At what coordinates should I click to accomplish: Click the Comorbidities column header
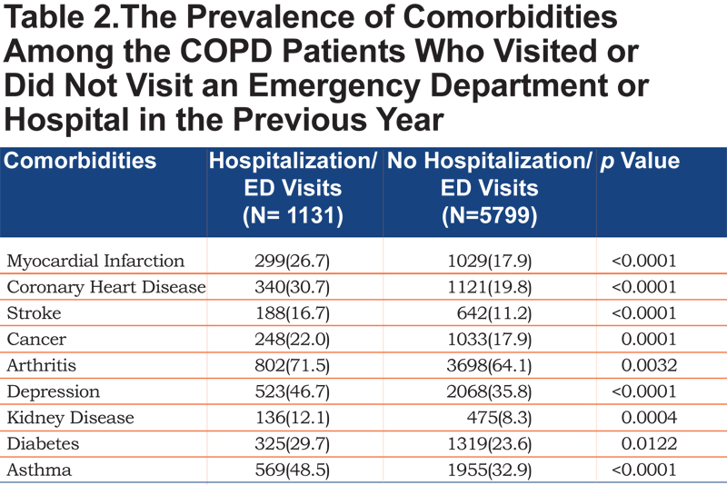[80, 161]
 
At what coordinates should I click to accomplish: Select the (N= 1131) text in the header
[293, 216]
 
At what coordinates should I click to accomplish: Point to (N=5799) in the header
[490, 216]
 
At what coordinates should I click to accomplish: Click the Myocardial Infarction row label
[95, 261]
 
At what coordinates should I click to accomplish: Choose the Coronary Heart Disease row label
[106, 287]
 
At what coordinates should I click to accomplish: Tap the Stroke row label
[34, 313]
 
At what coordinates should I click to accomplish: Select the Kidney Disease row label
[71, 418]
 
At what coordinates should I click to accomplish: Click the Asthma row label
[39, 470]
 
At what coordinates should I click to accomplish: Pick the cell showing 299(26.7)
[292, 262]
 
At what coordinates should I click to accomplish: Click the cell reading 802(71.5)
[292, 366]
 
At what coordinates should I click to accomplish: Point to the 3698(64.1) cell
[489, 366]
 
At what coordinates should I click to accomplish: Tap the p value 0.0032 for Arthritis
[649, 365]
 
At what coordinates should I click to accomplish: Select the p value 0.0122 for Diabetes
[649, 444]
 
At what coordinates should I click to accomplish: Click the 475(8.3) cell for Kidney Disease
[499, 418]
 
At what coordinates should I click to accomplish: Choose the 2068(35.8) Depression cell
[489, 391]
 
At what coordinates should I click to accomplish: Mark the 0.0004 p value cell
[649, 418]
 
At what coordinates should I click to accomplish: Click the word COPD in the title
[225, 51]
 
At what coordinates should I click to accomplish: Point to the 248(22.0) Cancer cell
[292, 340]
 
